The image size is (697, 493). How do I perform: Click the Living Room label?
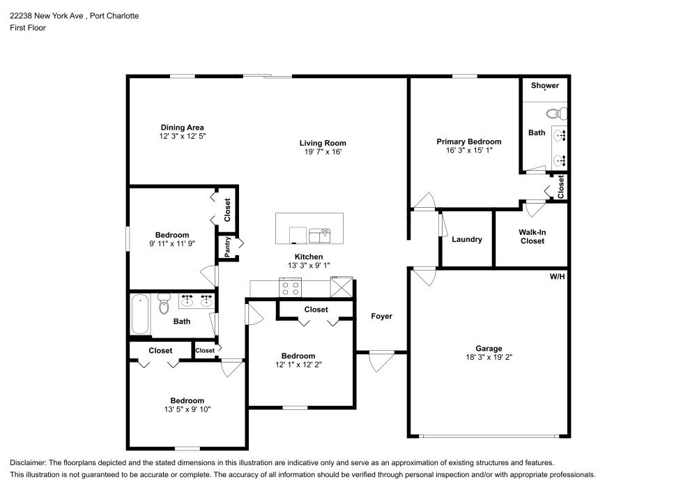click(x=323, y=143)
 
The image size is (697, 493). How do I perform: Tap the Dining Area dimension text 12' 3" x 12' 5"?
click(x=182, y=137)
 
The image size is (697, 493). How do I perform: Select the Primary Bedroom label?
click(x=469, y=142)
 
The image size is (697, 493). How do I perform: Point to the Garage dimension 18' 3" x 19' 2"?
click(x=489, y=357)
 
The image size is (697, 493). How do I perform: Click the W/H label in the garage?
click(x=558, y=277)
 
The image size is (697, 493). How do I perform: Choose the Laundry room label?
click(x=467, y=240)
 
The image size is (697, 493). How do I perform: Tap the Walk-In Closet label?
click(x=533, y=236)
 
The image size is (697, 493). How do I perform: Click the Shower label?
click(x=545, y=85)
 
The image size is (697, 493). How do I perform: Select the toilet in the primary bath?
click(x=556, y=114)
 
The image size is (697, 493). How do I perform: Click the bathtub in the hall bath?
click(x=140, y=314)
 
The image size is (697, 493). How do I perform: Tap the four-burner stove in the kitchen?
click(x=290, y=287)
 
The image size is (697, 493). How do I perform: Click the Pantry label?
click(x=228, y=247)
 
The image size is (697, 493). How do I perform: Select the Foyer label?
click(x=382, y=317)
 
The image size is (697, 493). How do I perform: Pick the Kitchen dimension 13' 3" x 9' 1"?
click(x=309, y=266)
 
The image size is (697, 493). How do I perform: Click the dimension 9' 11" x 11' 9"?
click(x=172, y=243)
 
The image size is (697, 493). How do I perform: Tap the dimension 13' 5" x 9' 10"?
click(x=187, y=409)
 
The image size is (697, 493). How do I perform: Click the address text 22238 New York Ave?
click(x=47, y=16)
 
